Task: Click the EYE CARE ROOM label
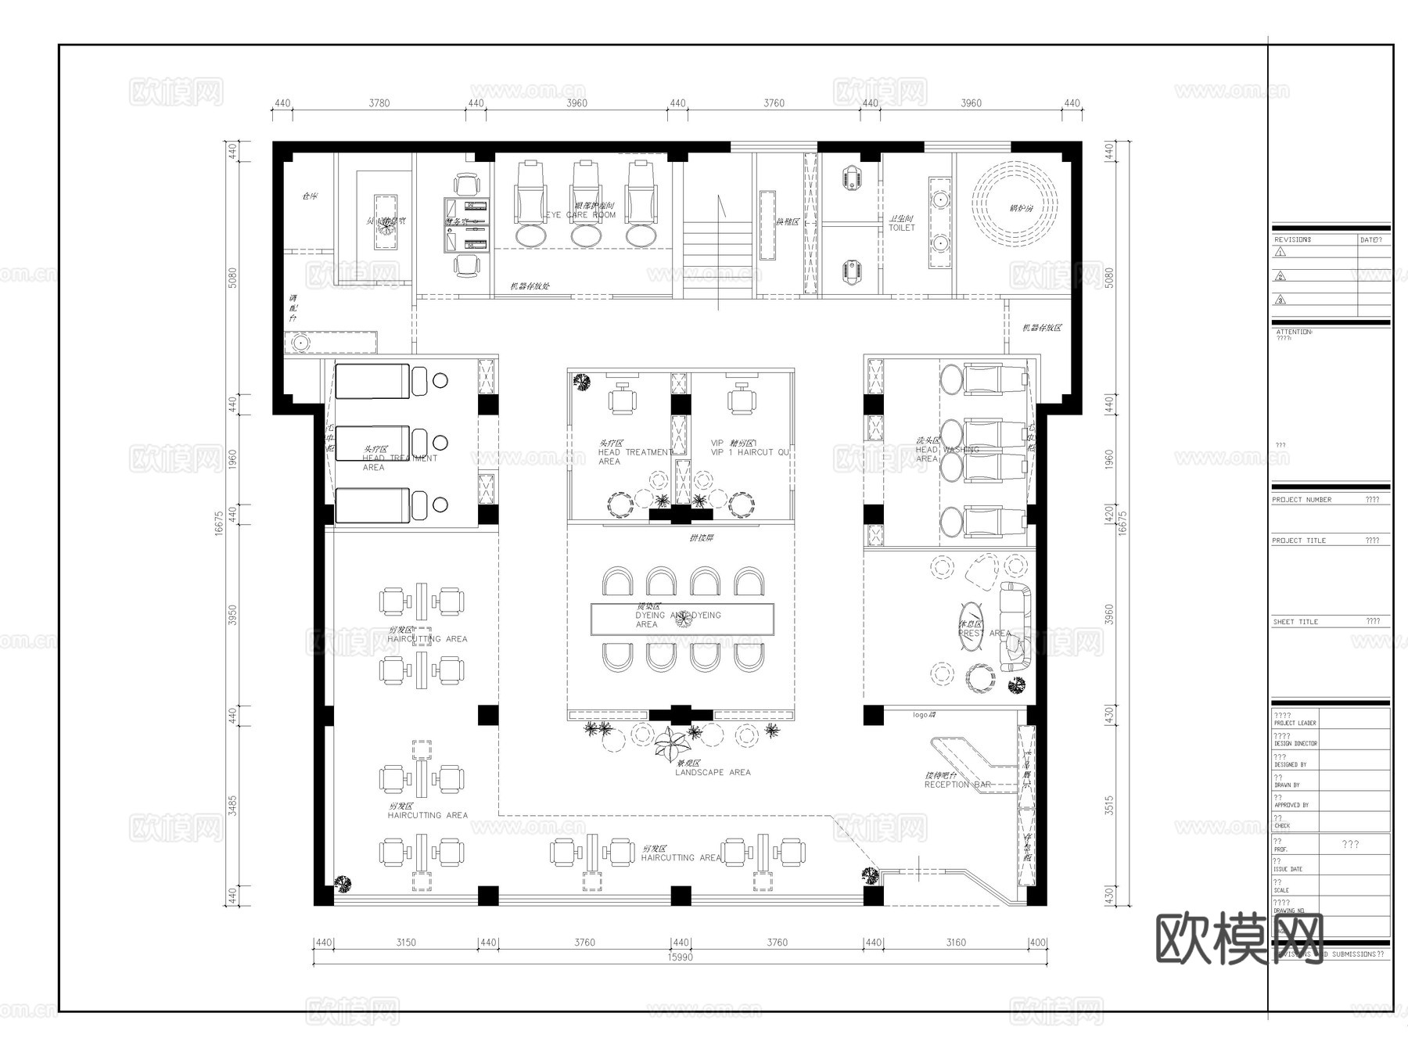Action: tap(580, 214)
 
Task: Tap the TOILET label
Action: tap(901, 228)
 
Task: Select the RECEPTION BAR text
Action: tap(957, 784)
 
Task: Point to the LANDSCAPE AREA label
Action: tap(713, 772)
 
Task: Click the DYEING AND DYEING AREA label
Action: tap(677, 620)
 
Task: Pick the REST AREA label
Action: tap(984, 633)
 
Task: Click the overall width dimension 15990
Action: tap(680, 957)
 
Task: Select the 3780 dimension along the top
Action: tap(379, 103)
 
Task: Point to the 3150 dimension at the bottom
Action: tap(405, 943)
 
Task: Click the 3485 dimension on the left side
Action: tap(232, 806)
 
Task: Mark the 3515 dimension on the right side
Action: tap(1109, 806)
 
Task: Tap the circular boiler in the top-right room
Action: tap(1015, 208)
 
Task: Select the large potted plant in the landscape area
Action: tap(670, 745)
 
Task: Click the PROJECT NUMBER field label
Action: tap(1302, 499)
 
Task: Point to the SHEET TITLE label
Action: tap(1295, 621)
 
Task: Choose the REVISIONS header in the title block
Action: tap(1291, 239)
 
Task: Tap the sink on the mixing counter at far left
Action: tap(299, 343)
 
